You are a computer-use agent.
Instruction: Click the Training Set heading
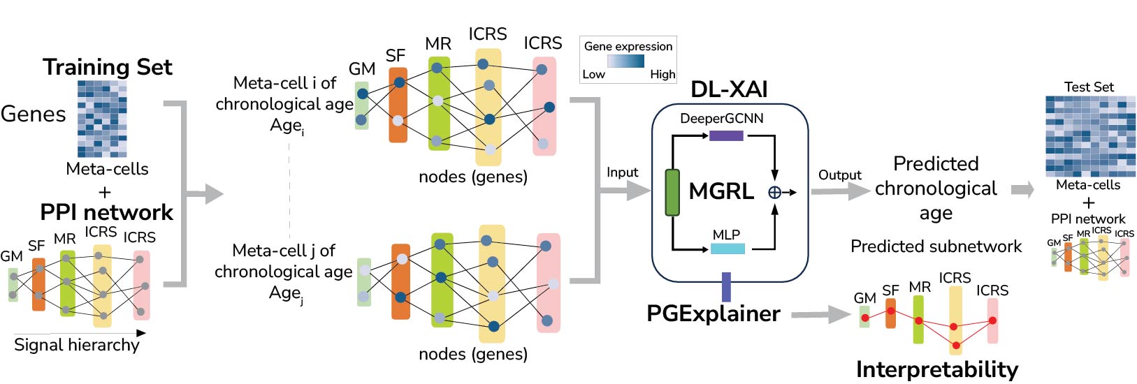click(x=107, y=67)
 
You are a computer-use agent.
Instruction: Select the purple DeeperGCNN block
click(x=726, y=135)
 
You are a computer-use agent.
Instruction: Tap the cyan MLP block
click(x=727, y=249)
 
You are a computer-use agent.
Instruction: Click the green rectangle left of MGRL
click(x=672, y=192)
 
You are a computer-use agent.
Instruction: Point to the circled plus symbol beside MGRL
click(x=774, y=192)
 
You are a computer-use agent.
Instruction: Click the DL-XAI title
click(x=729, y=89)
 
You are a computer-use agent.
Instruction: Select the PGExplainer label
click(x=713, y=313)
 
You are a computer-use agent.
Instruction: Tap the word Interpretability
click(x=936, y=369)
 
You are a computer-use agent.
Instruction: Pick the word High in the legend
click(x=662, y=74)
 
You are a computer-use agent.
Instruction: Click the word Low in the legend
click(x=593, y=74)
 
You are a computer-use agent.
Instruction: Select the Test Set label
click(x=1089, y=87)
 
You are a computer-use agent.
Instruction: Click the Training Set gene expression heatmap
click(x=102, y=119)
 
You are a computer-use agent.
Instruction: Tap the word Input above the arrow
click(x=622, y=172)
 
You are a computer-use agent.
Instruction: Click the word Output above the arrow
click(x=840, y=175)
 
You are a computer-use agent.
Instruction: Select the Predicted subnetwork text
click(x=936, y=246)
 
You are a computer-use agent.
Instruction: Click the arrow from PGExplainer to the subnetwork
click(x=821, y=315)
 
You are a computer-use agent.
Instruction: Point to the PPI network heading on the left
click(x=106, y=212)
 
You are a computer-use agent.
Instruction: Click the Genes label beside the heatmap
click(x=33, y=114)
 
